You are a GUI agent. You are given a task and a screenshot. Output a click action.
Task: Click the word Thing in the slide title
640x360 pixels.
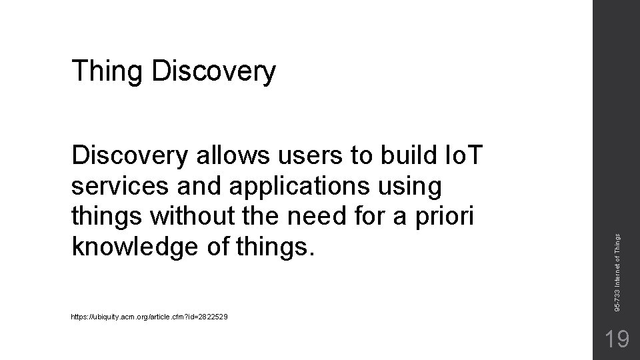click(108, 71)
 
